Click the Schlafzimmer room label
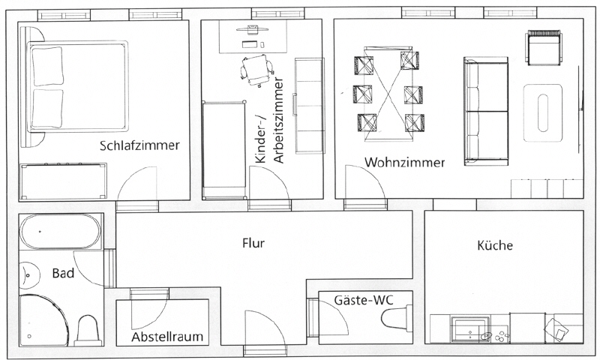point(139,145)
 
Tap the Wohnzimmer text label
point(404,162)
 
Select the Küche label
point(495,245)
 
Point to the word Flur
point(255,243)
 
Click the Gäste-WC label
point(363,300)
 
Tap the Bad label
point(63,274)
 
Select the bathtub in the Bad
point(60,232)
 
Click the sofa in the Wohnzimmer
point(487,109)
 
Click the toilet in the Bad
point(87,328)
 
